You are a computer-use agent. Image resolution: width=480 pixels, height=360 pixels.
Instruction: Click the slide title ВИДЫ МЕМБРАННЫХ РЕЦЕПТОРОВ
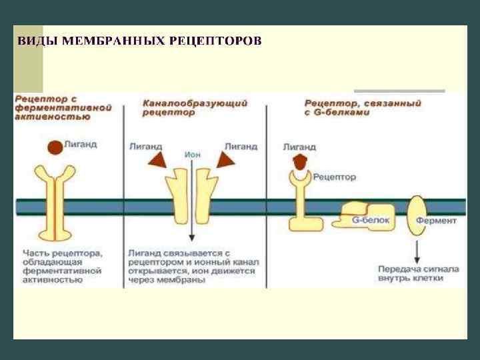pyautogui.click(x=139, y=41)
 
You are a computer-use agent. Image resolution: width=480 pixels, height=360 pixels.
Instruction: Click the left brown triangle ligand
pyautogui.click(x=158, y=158)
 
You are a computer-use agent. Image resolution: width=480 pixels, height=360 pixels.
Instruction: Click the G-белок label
pyautogui.click(x=365, y=220)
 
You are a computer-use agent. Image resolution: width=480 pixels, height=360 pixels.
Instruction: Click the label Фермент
pyautogui.click(x=436, y=221)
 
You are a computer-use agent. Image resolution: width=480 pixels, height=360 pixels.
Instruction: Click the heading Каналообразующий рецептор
pyautogui.click(x=195, y=108)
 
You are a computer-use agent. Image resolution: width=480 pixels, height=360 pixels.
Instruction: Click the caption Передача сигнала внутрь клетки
pyautogui.click(x=418, y=274)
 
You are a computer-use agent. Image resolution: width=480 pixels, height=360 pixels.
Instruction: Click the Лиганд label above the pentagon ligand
pyautogui.click(x=300, y=146)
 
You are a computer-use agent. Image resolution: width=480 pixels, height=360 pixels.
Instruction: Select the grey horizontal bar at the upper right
pyautogui.click(x=399, y=91)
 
